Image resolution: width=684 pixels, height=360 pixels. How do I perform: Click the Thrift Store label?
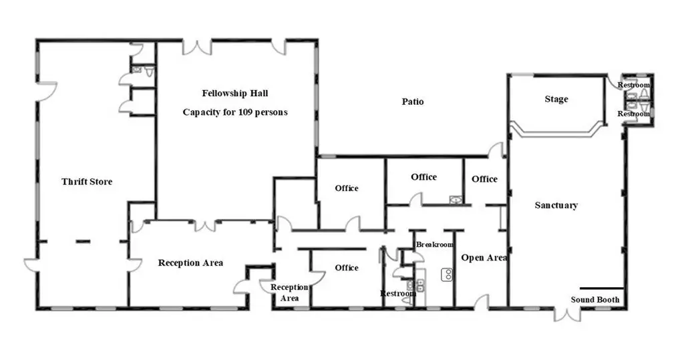87,182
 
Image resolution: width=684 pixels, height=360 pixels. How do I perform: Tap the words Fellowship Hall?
235,94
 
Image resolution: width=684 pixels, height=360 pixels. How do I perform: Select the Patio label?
413,102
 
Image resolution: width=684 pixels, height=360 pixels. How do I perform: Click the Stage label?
556,100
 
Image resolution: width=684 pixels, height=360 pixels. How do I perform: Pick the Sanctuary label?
556,206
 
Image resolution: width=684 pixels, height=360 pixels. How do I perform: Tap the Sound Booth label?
595,300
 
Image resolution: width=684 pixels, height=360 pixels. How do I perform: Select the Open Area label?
484,258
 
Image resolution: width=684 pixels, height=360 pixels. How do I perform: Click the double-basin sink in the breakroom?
448,274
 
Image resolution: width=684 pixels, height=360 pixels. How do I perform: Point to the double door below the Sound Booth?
567,313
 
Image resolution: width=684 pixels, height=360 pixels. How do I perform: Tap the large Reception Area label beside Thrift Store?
190,263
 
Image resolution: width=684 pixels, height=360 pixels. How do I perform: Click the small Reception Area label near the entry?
289,293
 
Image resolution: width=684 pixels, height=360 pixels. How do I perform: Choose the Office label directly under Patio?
423,177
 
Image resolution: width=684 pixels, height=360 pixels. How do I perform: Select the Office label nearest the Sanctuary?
484,179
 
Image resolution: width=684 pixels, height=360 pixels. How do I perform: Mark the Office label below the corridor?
347,268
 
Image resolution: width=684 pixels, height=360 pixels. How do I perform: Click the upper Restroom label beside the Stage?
633,85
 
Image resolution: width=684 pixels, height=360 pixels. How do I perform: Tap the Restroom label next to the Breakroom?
398,293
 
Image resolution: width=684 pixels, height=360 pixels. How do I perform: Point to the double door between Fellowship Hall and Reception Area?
205,225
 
